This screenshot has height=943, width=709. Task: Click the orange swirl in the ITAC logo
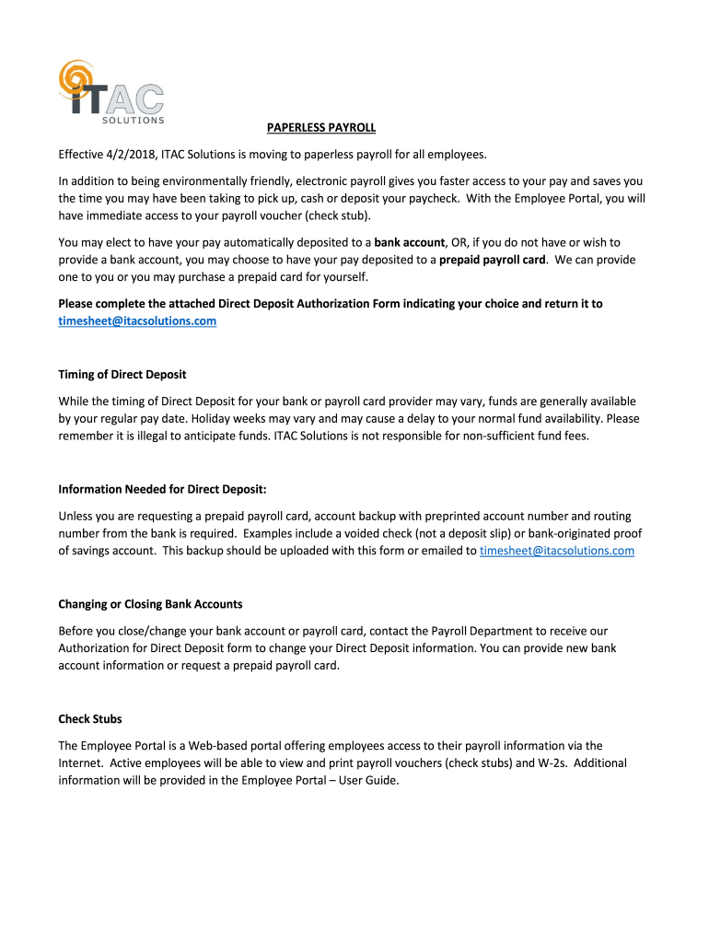pyautogui.click(x=76, y=81)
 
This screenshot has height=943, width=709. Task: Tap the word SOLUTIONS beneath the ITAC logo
pyautogui.click(x=132, y=120)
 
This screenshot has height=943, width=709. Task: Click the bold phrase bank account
pyautogui.click(x=409, y=242)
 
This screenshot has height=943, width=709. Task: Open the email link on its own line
pyautogui.click(x=137, y=320)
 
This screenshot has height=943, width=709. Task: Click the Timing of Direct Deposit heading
pyautogui.click(x=122, y=375)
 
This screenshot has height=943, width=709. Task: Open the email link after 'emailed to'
pyautogui.click(x=557, y=551)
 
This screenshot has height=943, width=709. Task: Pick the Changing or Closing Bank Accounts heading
pyautogui.click(x=150, y=604)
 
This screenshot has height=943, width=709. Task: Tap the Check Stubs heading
pyautogui.click(x=90, y=718)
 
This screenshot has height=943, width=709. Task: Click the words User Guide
pyautogui.click(x=371, y=780)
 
